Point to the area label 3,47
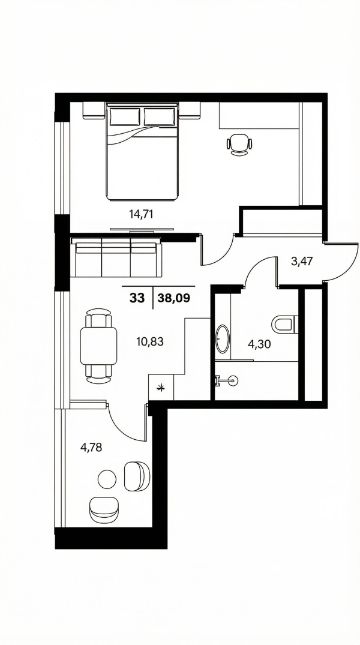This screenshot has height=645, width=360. [302, 261]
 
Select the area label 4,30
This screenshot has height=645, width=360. [258, 344]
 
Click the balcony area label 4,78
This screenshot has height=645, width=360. [91, 447]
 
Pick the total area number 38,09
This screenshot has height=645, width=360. [174, 299]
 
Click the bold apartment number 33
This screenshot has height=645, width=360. [137, 299]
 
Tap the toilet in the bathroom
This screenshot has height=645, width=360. [284, 324]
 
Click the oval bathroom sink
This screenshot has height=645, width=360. [223, 339]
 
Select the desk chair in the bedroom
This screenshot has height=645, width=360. [239, 145]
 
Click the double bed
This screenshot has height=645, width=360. [142, 151]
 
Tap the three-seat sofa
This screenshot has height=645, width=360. [116, 259]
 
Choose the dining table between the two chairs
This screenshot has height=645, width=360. [99, 346]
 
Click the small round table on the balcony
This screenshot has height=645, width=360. [107, 479]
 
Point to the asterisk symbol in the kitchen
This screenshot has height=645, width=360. [162, 387]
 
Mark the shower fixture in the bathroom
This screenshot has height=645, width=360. [226, 381]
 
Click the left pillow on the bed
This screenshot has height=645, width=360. [125, 116]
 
